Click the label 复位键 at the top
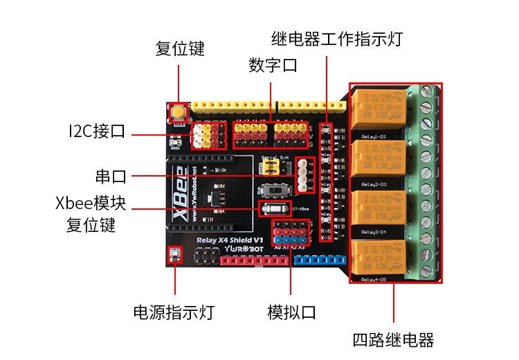[180, 49]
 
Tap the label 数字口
[273, 66]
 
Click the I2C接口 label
[97, 132]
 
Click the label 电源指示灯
[174, 312]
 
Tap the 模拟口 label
[291, 312]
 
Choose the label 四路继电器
[393, 340]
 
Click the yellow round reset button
[179, 113]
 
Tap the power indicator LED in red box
[174, 256]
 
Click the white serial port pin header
[302, 175]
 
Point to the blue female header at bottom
[319, 261]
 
